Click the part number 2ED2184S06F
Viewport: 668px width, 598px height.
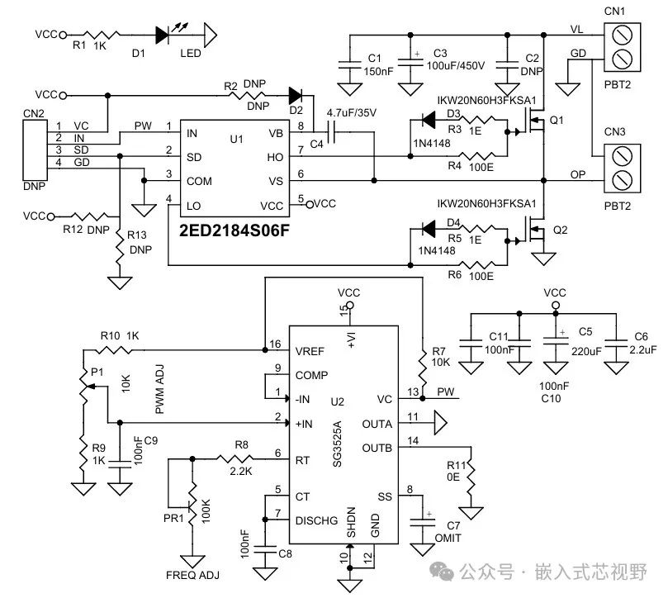coord(234,230)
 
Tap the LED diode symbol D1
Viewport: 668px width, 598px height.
coord(163,35)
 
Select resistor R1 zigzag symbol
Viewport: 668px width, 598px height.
coord(101,35)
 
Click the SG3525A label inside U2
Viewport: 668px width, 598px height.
coord(337,444)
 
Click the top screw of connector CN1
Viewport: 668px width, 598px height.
coord(622,35)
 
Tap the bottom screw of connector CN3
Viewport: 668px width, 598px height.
coord(622,180)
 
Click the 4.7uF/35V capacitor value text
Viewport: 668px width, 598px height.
coord(352,113)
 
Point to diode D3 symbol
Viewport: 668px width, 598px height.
coord(429,120)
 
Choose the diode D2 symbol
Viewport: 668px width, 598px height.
coord(296,96)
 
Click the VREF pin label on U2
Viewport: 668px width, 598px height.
coord(310,352)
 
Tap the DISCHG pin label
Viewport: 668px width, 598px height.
coord(316,521)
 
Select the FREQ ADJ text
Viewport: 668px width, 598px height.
coord(192,576)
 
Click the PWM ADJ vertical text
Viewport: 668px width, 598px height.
coord(159,389)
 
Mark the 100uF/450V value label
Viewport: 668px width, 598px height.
coord(456,65)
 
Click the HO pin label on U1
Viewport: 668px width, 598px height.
coord(275,157)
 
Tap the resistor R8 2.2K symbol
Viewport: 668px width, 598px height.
coord(235,458)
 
